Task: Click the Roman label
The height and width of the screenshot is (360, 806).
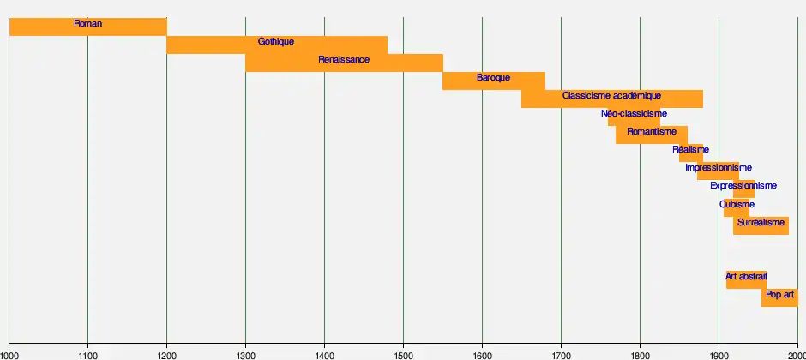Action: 87,23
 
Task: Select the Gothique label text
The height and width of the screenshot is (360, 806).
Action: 276,41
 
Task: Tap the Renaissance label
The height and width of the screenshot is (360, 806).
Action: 344,59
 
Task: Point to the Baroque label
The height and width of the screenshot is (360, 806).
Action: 493,77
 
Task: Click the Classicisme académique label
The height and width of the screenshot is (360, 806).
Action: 611,95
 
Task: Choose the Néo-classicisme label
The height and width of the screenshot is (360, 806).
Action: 634,113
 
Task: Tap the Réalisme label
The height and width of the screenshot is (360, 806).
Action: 690,149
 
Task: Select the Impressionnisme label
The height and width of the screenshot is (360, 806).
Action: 719,167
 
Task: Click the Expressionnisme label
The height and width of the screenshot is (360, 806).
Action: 743,185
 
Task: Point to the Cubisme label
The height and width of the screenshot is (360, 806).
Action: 737,203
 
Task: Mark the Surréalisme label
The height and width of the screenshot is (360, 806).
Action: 761,222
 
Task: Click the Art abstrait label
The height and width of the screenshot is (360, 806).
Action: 746,276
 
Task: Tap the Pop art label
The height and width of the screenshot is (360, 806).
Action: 779,294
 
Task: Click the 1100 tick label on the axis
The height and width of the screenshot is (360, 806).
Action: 87,353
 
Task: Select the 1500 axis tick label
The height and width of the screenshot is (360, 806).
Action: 403,353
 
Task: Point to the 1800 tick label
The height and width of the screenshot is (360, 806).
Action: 640,353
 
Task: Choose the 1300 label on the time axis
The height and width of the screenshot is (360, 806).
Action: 245,353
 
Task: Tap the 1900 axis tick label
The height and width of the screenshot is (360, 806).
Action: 719,353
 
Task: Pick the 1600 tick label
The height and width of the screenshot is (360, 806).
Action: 482,353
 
